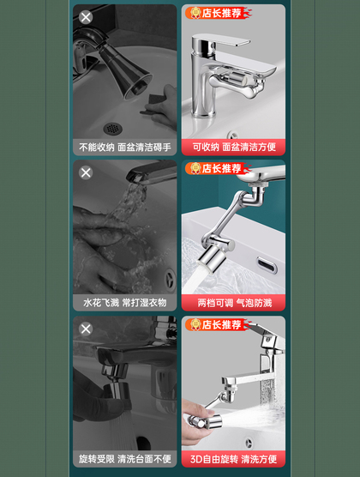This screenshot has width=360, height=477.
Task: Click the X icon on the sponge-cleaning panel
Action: click(86, 17)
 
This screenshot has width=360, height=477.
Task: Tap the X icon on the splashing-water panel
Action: click(86, 172)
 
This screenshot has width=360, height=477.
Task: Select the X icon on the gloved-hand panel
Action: click(86, 329)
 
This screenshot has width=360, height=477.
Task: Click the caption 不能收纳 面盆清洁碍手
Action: click(125, 148)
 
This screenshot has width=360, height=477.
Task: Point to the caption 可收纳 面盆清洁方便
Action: click(234, 147)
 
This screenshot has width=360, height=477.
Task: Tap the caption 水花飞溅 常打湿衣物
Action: click(125, 303)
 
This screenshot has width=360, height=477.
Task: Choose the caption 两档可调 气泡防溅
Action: click(234, 303)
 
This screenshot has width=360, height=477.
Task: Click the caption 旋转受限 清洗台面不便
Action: click(125, 459)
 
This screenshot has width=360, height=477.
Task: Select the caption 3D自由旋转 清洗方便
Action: click(233, 459)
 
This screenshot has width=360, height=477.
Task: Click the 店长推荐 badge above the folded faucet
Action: click(219, 13)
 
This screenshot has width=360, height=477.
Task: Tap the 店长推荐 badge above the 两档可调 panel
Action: click(219, 168)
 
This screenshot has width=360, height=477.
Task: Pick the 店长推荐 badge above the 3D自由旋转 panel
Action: click(219, 324)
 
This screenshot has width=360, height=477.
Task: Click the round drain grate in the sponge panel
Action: click(113, 129)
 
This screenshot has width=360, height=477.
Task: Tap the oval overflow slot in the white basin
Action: click(267, 264)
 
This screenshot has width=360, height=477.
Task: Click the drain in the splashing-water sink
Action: click(169, 280)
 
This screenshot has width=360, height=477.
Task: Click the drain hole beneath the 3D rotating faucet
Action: click(249, 443)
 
